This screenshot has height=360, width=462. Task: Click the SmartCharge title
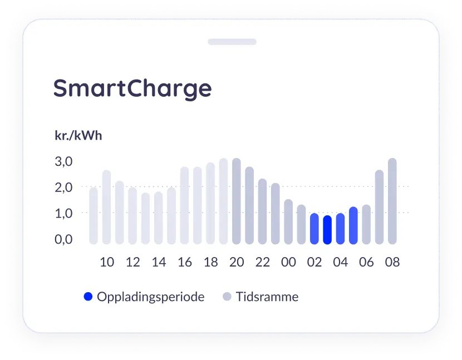[132, 88]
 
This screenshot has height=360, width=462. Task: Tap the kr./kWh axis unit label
[78, 136]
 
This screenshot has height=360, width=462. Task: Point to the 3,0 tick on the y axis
[63, 161]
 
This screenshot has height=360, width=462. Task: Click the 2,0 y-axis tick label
[63, 188]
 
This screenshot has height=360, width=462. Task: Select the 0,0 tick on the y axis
[63, 239]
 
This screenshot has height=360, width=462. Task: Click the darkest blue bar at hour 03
[327, 230]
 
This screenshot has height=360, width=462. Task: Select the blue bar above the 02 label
[314, 229]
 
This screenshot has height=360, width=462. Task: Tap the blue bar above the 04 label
[340, 229]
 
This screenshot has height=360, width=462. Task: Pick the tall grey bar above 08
[392, 201]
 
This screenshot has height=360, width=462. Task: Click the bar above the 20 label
[237, 201]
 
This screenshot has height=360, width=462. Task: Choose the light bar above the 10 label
[106, 207]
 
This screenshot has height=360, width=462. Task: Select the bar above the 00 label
[288, 222]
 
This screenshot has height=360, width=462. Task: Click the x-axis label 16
[185, 262]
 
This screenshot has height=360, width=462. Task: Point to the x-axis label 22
[263, 262]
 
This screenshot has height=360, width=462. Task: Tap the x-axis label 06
[366, 262]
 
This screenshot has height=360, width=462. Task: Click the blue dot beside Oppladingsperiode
[88, 297]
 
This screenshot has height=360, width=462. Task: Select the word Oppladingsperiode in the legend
[150, 297]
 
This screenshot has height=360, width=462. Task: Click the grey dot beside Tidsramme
[227, 297]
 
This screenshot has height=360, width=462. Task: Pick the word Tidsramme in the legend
[267, 297]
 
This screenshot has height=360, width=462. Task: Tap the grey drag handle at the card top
[232, 42]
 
